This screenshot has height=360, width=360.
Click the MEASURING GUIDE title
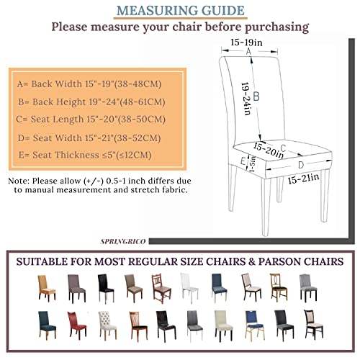(181, 11)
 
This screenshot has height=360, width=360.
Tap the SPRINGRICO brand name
(123, 241)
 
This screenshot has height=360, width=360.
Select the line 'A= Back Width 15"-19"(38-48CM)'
(89, 84)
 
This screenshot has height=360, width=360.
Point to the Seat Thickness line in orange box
(85, 155)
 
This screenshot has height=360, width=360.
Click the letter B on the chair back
(256, 96)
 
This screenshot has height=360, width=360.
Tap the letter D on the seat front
(301, 165)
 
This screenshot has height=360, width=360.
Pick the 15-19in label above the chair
(246, 42)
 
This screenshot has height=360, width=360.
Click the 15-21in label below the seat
(303, 179)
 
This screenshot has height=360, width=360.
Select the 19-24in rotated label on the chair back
(246, 99)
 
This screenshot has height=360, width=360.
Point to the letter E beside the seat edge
(243, 161)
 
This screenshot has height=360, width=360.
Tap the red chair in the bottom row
(76, 324)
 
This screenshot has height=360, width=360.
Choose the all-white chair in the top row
(189, 287)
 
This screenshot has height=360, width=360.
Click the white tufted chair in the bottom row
(107, 325)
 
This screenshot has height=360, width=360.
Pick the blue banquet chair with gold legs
(254, 325)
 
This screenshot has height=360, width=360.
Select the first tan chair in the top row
(47, 288)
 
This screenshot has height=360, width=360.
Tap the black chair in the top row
(106, 288)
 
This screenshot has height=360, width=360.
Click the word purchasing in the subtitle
(276, 27)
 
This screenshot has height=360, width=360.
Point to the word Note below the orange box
(18, 181)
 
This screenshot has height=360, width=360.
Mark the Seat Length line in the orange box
(91, 120)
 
